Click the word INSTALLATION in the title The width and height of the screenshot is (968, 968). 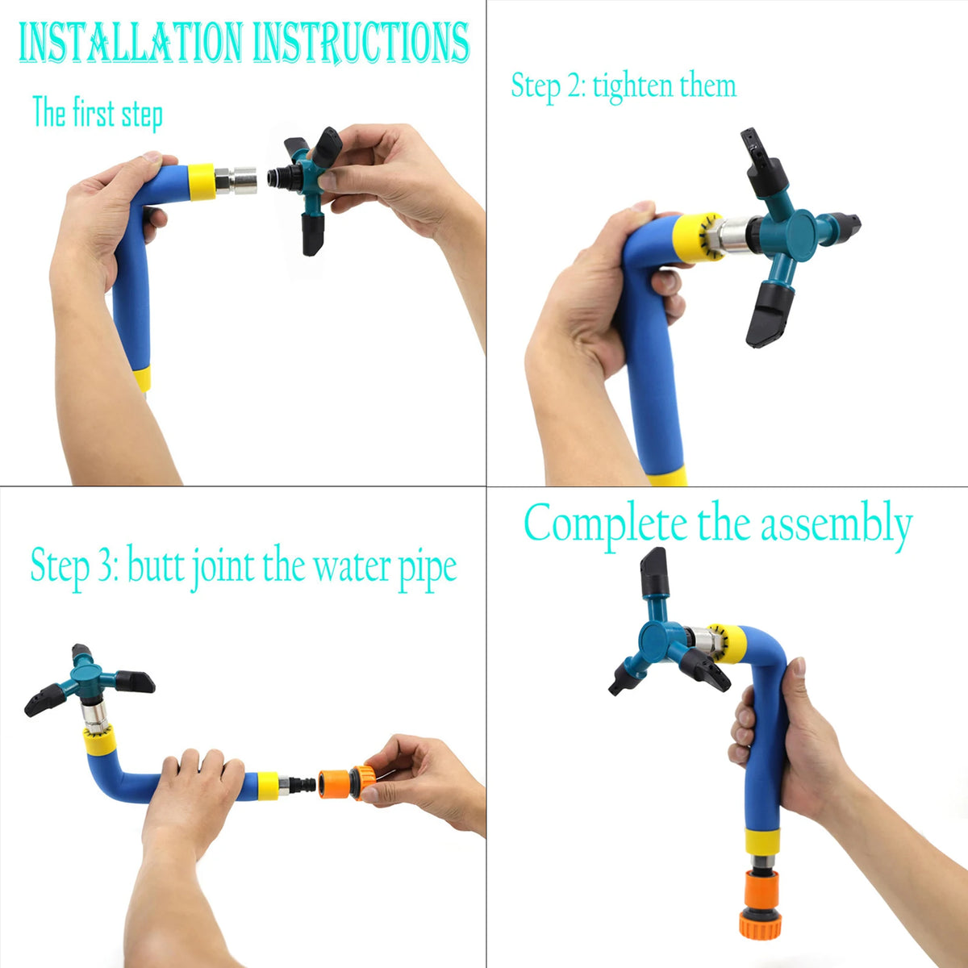coord(132,44)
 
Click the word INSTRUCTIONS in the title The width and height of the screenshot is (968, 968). coord(361,44)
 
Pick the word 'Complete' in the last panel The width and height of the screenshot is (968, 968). coord(605,524)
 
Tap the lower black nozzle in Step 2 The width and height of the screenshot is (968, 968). coord(770,315)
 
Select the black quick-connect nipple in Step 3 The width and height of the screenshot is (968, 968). coord(303,783)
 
